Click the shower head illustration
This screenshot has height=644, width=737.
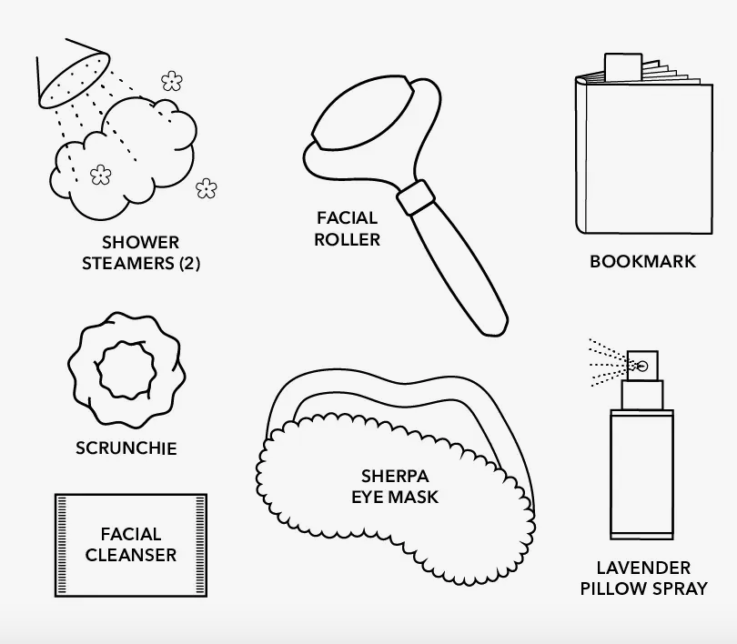pyautogui.click(x=74, y=74)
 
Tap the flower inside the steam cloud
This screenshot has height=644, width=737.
pyautogui.click(x=101, y=175)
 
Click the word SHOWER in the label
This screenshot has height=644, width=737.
pyautogui.click(x=140, y=242)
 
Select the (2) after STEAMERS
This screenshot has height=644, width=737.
pyautogui.click(x=190, y=263)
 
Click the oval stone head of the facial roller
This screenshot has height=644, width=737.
pyautogui.click(x=362, y=113)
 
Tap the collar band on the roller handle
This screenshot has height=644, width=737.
pyautogui.click(x=416, y=197)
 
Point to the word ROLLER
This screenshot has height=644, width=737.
pyautogui.click(x=347, y=239)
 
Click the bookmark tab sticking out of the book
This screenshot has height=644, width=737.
pyautogui.click(x=623, y=67)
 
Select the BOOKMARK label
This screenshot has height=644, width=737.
pyautogui.click(x=642, y=262)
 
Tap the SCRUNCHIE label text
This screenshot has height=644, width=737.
pyautogui.click(x=126, y=448)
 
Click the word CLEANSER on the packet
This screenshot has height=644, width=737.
pyautogui.click(x=131, y=555)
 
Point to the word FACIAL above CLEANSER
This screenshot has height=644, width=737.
pyautogui.click(x=131, y=534)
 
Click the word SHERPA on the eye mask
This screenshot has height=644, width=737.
pyautogui.click(x=395, y=477)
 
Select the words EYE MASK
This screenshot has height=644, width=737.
pyautogui.click(x=395, y=497)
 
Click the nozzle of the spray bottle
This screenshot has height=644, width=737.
pyautogui.click(x=642, y=366)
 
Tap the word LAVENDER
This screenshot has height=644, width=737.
pyautogui.click(x=643, y=568)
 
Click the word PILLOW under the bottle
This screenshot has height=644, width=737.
pyautogui.click(x=611, y=589)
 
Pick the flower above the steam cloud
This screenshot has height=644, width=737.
pyautogui.click(x=172, y=81)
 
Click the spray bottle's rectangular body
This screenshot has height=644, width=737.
pyautogui.click(x=641, y=475)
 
